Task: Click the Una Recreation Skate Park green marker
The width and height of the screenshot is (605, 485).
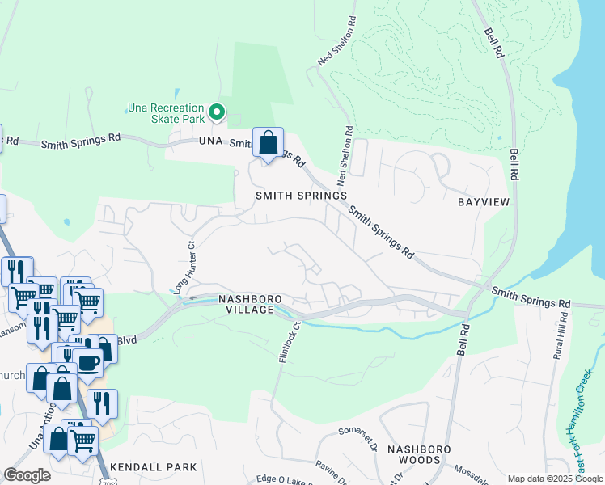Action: [x=216, y=112]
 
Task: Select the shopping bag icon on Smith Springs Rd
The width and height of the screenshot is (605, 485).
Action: [x=269, y=143]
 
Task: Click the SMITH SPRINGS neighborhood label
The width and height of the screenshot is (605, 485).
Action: [x=301, y=196]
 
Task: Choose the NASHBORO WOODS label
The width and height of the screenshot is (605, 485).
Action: [x=413, y=454]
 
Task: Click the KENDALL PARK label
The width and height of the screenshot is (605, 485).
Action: [x=154, y=467]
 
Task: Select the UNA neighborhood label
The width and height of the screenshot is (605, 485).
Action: [x=210, y=141]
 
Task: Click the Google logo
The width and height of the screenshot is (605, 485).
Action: [x=27, y=474]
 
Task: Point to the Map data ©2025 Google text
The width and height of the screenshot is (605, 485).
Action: [x=554, y=479]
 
